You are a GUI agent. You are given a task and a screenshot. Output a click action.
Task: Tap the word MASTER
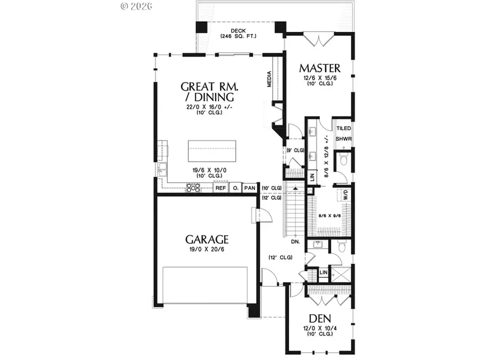coord(319,68)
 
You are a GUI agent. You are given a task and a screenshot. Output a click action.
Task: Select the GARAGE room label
coord(207,239)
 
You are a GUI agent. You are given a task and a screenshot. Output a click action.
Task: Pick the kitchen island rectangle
coord(212,151)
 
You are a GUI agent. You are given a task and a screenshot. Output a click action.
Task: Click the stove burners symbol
coord(193,188)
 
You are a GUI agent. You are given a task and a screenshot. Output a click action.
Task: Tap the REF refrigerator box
coord(220,188)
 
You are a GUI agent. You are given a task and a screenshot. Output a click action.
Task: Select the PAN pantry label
coord(249,188)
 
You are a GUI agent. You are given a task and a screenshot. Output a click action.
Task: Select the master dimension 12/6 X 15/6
coord(319,78)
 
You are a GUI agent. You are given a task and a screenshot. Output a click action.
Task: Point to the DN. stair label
coord(295,242)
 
